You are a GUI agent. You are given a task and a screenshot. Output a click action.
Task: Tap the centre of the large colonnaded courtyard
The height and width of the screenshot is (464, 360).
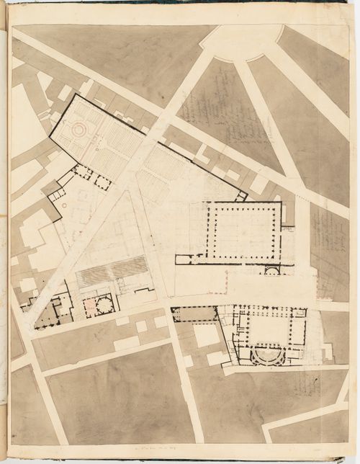coord(243,233)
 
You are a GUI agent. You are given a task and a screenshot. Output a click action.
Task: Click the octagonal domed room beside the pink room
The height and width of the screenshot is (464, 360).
coord(105,305)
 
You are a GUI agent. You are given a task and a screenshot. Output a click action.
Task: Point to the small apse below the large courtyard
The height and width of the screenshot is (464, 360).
coord(272,271)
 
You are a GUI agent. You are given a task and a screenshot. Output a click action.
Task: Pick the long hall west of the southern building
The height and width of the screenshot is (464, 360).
coord(194,313)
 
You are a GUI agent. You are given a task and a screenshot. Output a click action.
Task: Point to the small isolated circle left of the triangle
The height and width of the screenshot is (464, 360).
coord(65,206)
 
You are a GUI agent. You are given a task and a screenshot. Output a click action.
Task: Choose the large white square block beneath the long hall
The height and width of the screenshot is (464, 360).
coord(206,335)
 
